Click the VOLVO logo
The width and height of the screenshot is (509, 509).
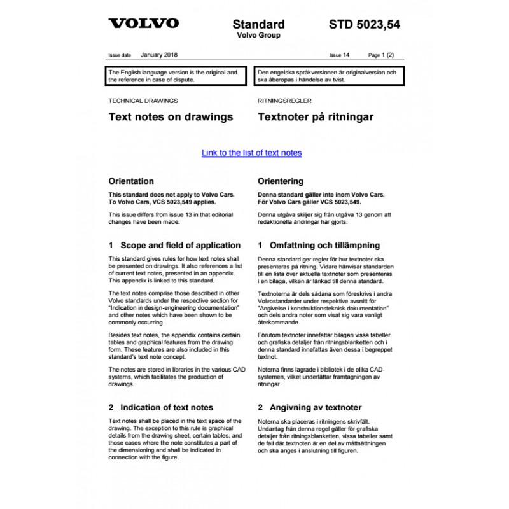[x=143, y=24]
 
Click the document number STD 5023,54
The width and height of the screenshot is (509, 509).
[x=365, y=25]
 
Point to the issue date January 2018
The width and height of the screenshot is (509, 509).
[x=159, y=55]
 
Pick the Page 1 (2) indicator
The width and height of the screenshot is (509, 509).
[x=381, y=56]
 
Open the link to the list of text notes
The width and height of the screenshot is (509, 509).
[x=251, y=153]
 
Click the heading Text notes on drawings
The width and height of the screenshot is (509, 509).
[x=171, y=117]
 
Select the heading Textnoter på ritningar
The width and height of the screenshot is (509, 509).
[x=315, y=117]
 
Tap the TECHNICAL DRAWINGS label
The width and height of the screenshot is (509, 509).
[x=143, y=101]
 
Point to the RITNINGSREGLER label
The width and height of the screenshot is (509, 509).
[x=284, y=101]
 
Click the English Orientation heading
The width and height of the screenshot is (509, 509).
[x=131, y=181]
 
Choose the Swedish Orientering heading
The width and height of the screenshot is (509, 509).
[x=281, y=181]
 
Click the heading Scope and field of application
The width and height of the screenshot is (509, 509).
[x=174, y=245]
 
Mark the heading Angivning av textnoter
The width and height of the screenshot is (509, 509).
[x=309, y=407]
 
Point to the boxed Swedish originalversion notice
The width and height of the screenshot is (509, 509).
[x=329, y=76]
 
